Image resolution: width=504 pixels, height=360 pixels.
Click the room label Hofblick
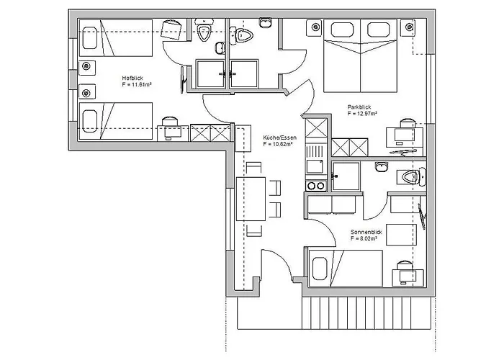click(132, 78)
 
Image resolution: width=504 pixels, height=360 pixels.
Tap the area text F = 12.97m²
click(362, 114)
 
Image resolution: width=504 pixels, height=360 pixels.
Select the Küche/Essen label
click(279, 138)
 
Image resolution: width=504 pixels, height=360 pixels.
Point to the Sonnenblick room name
click(366, 232)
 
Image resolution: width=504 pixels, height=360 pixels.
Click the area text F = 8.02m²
click(364, 238)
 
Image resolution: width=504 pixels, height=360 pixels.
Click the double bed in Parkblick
click(360, 55)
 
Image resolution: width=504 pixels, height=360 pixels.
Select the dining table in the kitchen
click(251, 199)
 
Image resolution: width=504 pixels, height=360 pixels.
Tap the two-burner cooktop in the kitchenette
click(316, 186)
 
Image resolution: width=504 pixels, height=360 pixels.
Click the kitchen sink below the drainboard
click(315, 166)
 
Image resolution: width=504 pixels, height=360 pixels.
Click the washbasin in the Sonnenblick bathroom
click(382, 167)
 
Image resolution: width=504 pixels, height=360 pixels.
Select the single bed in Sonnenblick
click(346, 269)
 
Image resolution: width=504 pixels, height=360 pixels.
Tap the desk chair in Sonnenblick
click(405, 266)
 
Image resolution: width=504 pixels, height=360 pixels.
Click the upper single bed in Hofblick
click(116, 38)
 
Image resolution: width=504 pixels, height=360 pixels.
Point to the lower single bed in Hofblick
click(116, 121)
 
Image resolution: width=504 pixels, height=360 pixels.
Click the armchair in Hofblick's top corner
click(171, 30)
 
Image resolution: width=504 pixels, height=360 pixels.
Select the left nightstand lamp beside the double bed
click(315, 27)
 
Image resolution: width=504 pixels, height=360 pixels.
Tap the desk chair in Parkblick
click(407, 123)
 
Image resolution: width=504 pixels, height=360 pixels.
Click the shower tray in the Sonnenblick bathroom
click(346, 176)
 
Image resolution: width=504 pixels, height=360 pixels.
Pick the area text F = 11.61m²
click(137, 84)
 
